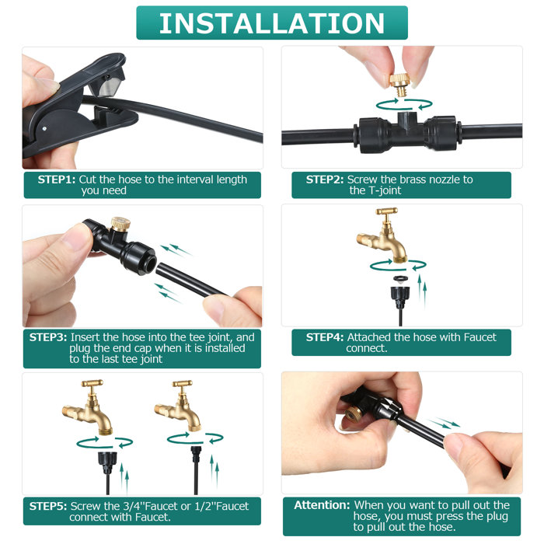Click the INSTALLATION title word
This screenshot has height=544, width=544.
coord(271,23)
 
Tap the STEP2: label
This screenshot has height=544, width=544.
coord(325,180)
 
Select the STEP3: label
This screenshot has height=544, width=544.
coord(48,337)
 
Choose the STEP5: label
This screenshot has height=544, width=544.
coord(48,506)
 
